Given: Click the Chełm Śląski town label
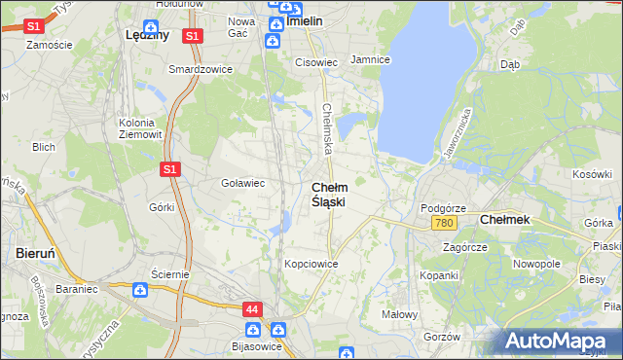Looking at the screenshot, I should click(328, 195).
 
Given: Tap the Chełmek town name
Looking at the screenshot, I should click(505, 220).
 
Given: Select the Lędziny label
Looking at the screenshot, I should click(148, 34).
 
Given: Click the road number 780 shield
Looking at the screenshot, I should click(444, 224).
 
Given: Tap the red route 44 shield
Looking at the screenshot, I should click(253, 309).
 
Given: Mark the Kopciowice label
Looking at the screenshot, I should click(311, 264).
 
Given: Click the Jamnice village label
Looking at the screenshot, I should click(370, 59).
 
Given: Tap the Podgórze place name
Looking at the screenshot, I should click(443, 208).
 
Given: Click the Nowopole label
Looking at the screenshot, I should click(536, 264).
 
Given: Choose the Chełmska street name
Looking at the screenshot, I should click(328, 129).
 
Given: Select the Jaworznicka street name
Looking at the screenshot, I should click(458, 133).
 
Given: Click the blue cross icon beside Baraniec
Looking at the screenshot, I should click(140, 289).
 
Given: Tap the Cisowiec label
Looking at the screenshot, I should click(316, 62).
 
